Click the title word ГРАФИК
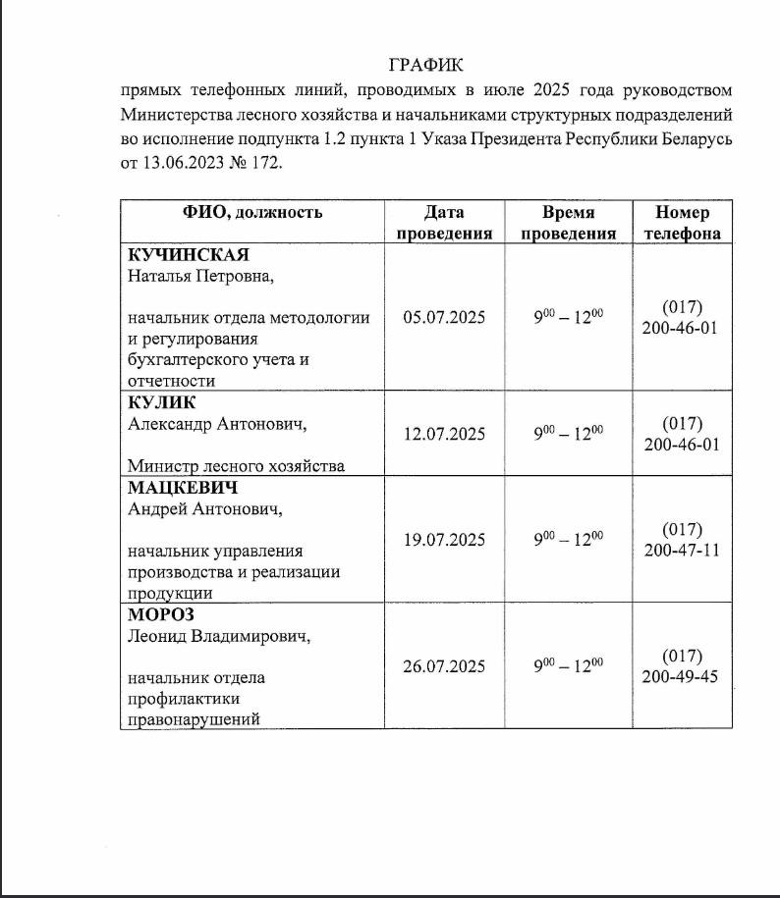coord(425,65)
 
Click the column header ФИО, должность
coord(251,213)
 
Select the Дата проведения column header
coord(444,223)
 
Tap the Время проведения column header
coord(568,223)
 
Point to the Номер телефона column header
coord(682,223)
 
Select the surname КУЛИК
coord(162,402)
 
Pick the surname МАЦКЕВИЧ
coord(184,488)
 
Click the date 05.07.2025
coord(444,317)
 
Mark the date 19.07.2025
coord(444,540)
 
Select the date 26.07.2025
coord(444,666)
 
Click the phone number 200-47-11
coord(682,550)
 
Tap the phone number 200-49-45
coord(682,676)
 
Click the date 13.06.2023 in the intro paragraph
coord(188,164)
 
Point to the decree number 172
coord(264,164)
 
